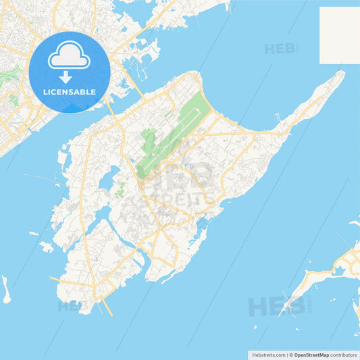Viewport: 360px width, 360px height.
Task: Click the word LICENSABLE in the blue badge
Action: [70, 91]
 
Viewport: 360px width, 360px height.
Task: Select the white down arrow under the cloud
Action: [66, 76]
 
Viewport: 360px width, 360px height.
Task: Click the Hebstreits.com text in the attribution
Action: [267, 355]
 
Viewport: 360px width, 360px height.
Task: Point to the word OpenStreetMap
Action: [311, 355]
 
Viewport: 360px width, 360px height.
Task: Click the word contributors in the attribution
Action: [343, 355]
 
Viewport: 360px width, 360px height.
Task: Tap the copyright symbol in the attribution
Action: [290, 355]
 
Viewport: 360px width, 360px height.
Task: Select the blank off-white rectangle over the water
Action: [339, 35]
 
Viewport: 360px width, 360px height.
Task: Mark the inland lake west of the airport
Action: [107, 181]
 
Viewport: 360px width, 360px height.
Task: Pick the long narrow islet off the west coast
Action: [5, 289]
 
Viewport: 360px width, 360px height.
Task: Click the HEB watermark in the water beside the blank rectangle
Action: [280, 49]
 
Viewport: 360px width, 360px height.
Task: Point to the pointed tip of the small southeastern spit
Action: [284, 311]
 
